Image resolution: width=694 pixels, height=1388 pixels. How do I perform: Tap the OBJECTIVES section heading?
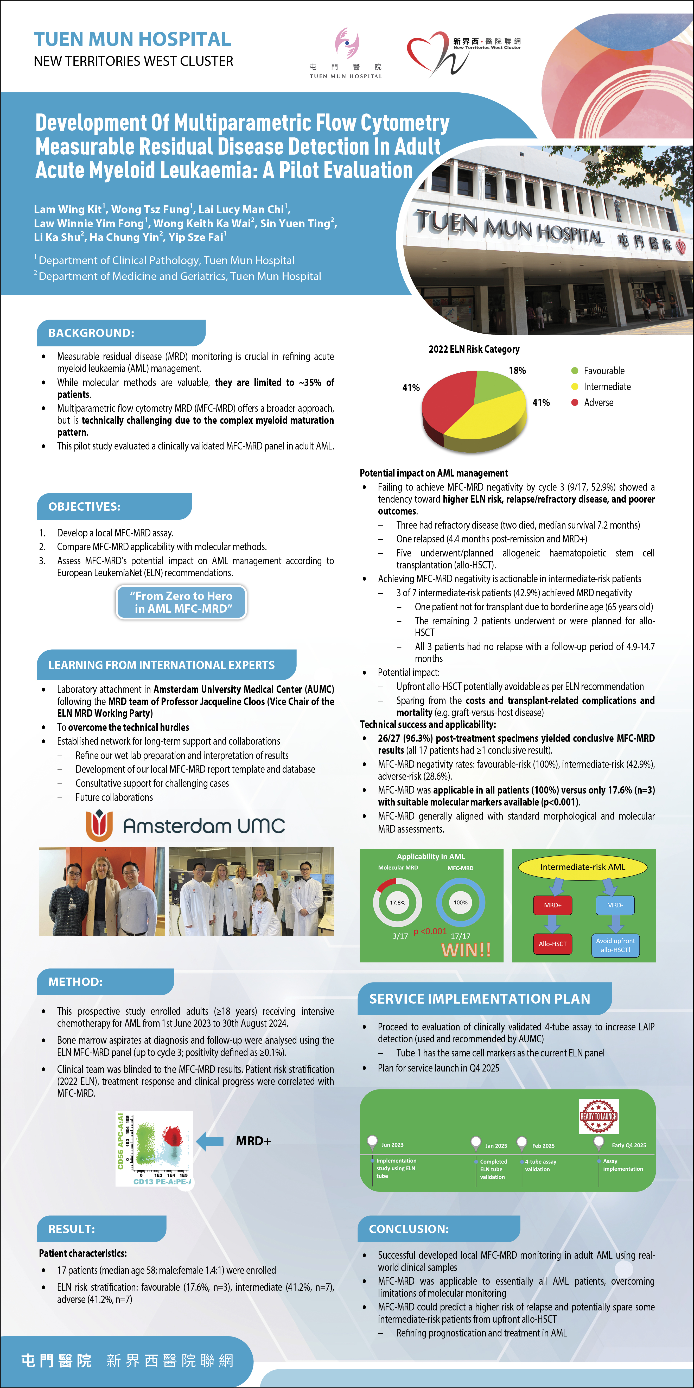coord(85,506)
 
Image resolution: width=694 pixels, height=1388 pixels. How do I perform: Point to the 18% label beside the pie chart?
coord(517,371)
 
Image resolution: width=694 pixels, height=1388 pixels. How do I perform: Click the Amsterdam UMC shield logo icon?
coord(99,825)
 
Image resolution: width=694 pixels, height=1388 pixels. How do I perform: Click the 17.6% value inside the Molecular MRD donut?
coord(398,903)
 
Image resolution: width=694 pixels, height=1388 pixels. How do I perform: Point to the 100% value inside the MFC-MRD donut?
coord(461,903)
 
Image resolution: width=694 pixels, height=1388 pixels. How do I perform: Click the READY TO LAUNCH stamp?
coord(599,1116)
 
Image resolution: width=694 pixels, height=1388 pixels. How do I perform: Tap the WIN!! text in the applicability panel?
coord(466,949)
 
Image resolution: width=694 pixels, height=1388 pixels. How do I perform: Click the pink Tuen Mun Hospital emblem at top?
coord(347,43)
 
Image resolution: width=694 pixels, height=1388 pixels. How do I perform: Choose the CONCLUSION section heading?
coord(409,1229)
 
